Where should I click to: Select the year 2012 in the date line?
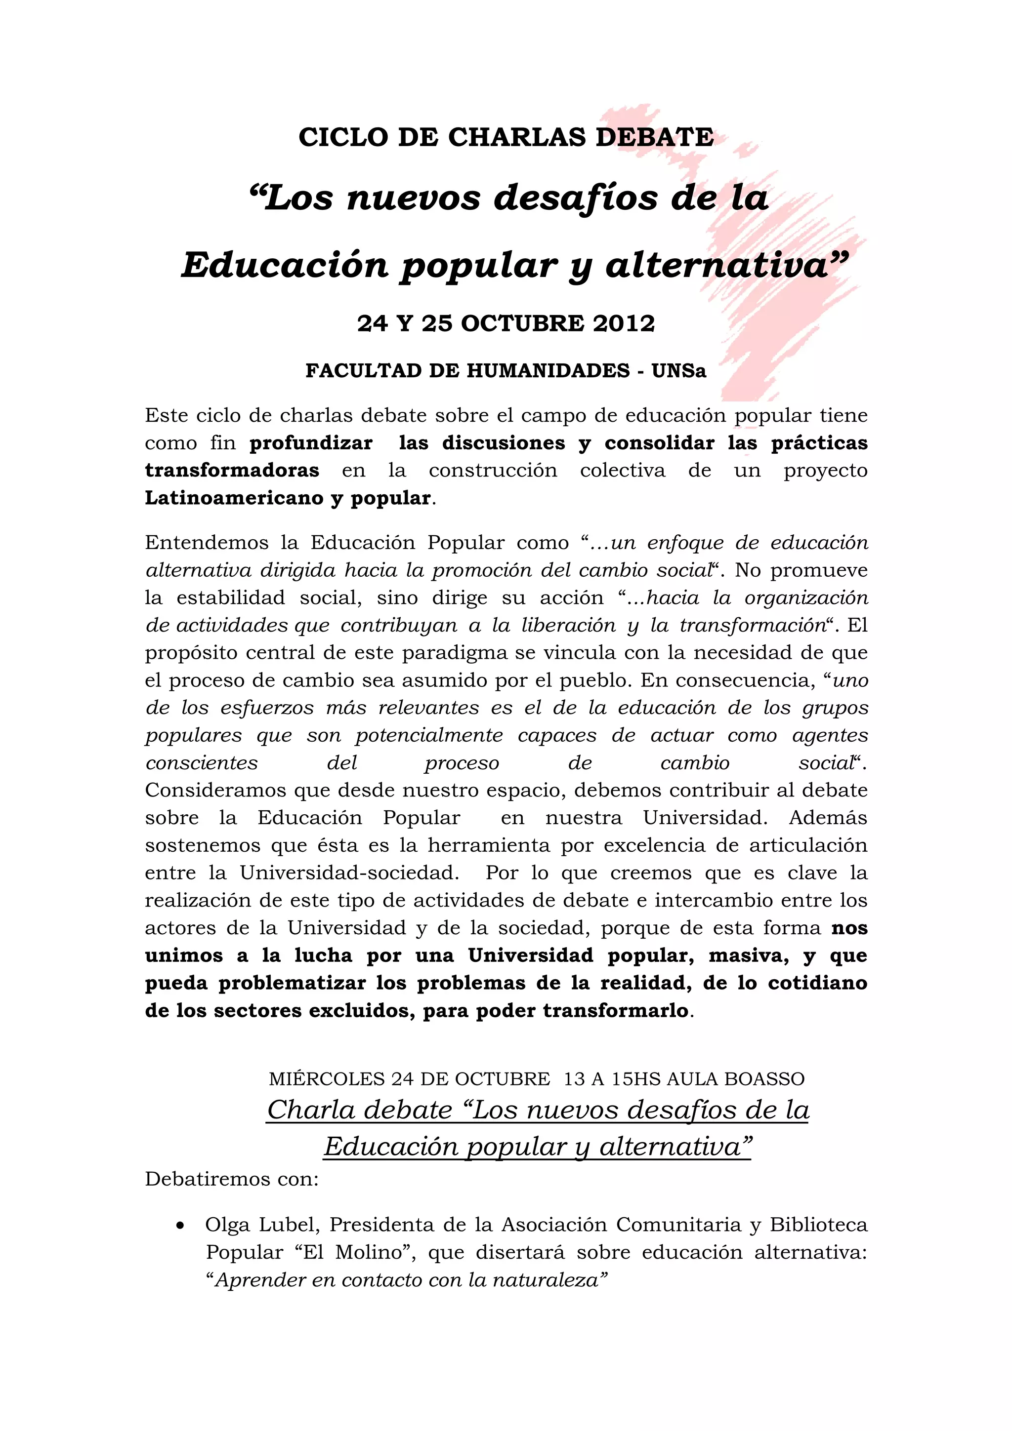pyautogui.click(x=624, y=323)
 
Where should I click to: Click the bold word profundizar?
pyautogui.click(x=311, y=443)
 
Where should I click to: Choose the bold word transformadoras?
pyautogui.click(x=232, y=471)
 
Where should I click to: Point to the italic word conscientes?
pyautogui.click(x=202, y=763)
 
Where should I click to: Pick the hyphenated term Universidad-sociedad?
pyautogui.click(x=349, y=873)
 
